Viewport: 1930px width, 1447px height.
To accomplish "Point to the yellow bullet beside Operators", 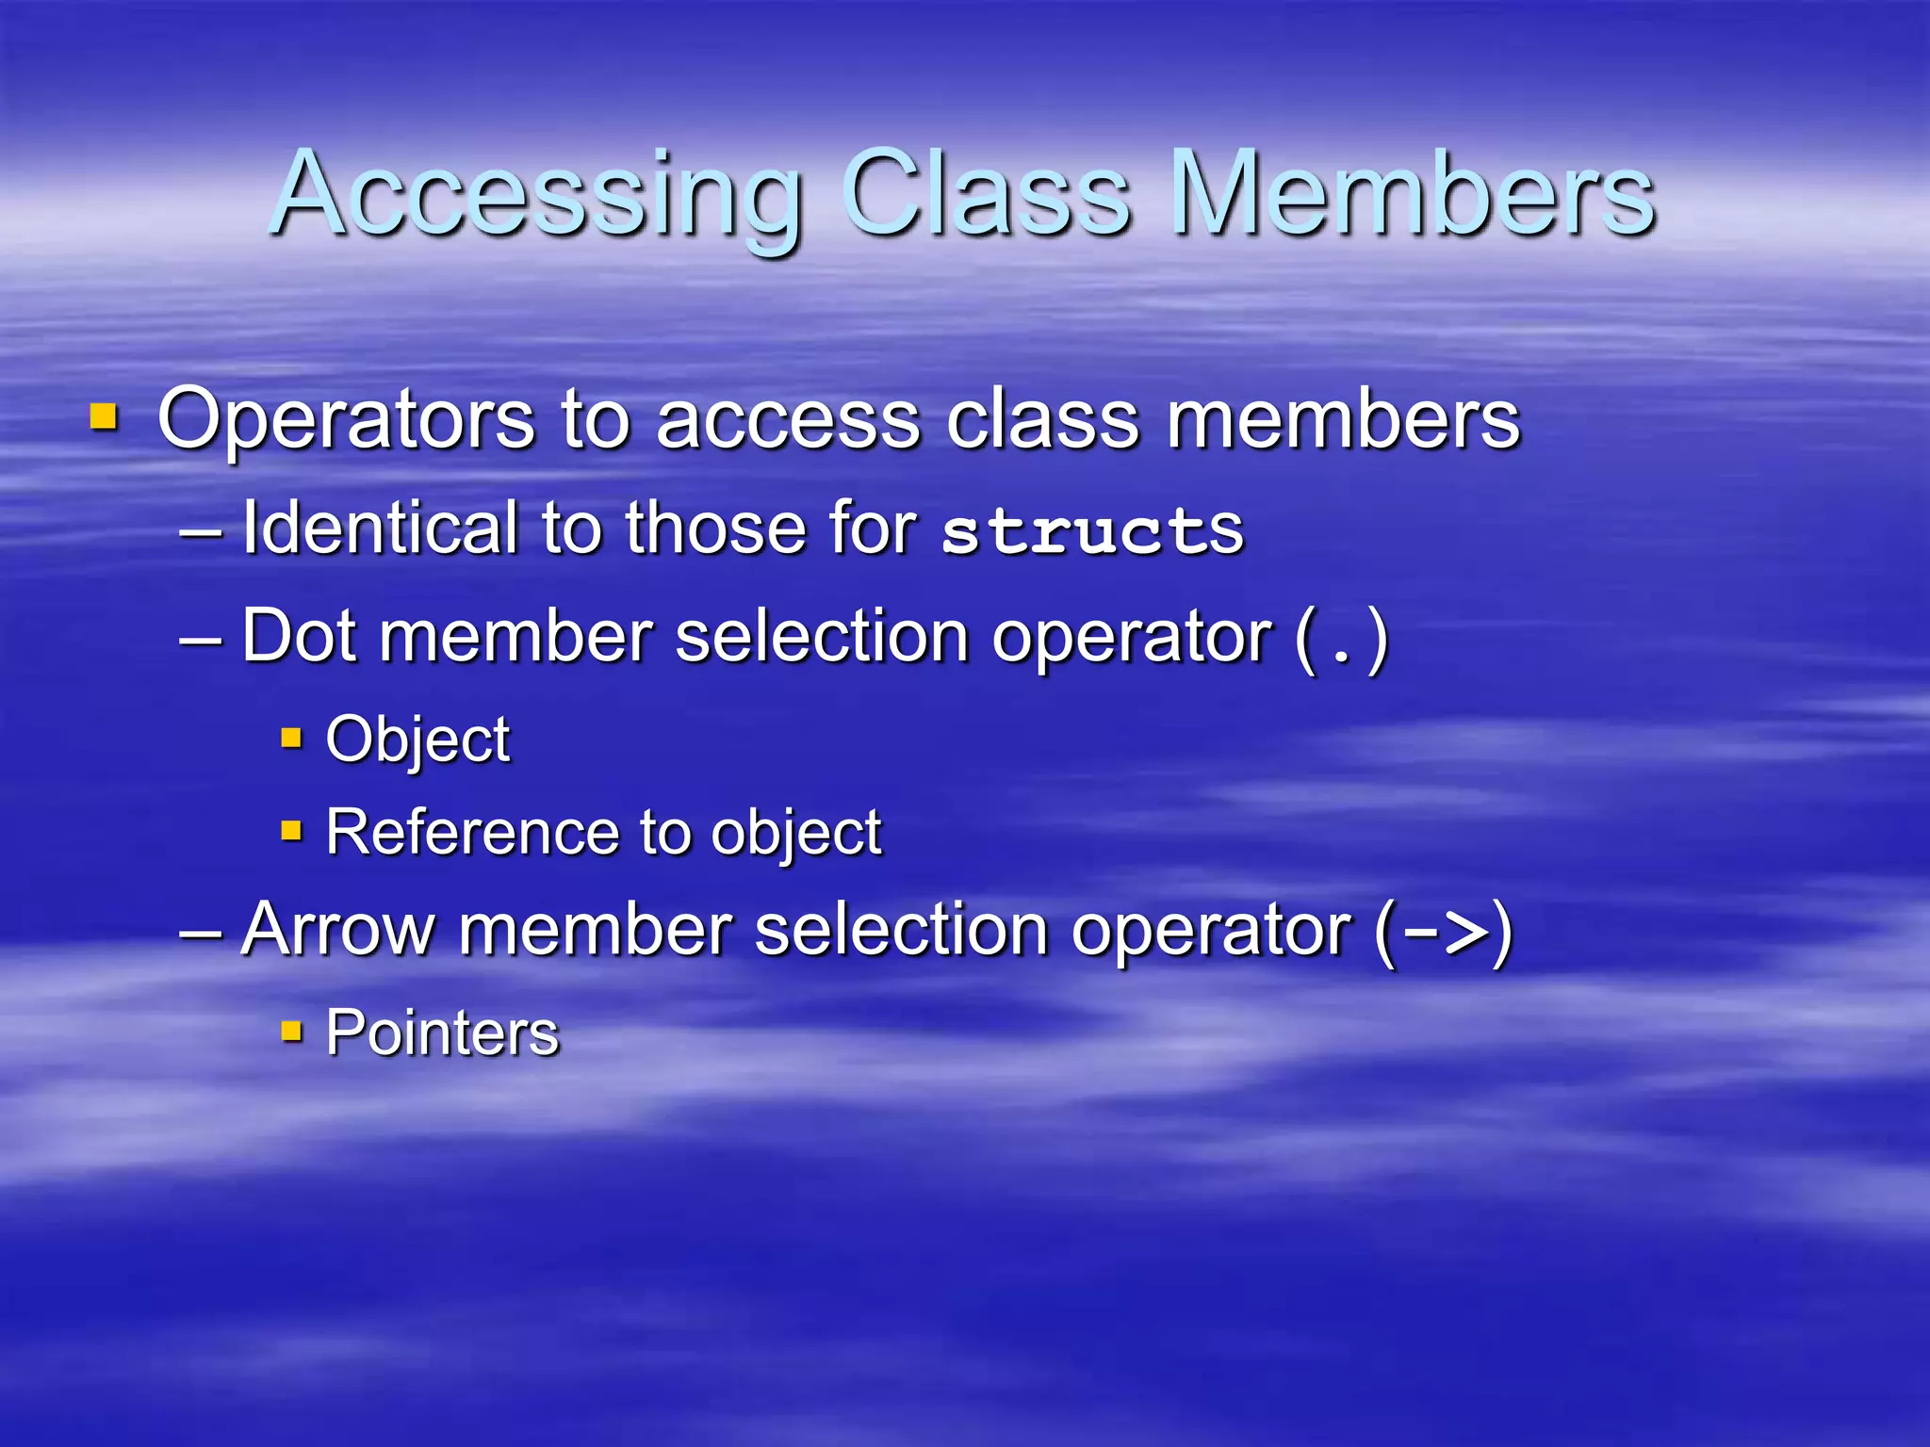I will (104, 416).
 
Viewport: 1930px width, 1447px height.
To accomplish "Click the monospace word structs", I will (1093, 530).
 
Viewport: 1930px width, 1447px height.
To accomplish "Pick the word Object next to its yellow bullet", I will (417, 740).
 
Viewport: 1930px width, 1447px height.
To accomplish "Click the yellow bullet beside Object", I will (292, 738).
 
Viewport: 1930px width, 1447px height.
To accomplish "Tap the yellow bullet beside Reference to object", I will (292, 831).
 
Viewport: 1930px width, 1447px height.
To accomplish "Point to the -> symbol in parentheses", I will (1444, 933).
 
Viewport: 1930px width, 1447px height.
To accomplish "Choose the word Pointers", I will (442, 1033).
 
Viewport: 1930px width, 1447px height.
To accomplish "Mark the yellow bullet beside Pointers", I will (292, 1032).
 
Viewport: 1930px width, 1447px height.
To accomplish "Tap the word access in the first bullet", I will (788, 422).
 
